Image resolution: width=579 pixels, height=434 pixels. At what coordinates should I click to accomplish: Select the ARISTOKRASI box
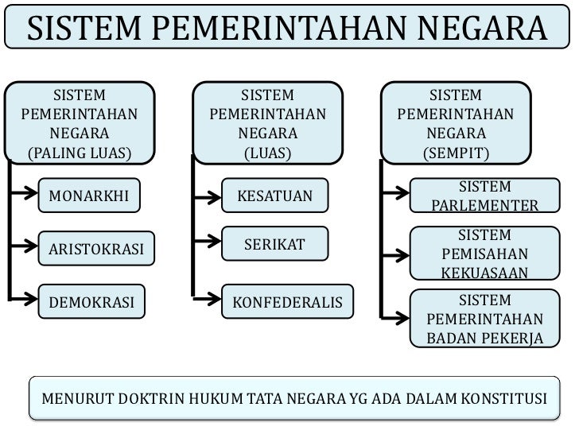(x=96, y=249)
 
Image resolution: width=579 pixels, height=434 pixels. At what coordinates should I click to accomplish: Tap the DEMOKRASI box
(x=92, y=302)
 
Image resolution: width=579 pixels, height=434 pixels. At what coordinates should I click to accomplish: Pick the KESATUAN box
(x=274, y=196)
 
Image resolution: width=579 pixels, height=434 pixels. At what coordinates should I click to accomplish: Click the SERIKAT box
(x=274, y=244)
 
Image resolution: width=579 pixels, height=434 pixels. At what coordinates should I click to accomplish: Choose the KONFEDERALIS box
(x=286, y=303)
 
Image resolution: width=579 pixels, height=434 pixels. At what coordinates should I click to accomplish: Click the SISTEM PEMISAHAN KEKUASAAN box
(x=484, y=254)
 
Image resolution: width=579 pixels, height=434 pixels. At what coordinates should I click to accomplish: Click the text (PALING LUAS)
(x=80, y=152)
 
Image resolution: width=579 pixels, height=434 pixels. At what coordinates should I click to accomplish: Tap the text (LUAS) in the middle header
(x=267, y=152)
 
